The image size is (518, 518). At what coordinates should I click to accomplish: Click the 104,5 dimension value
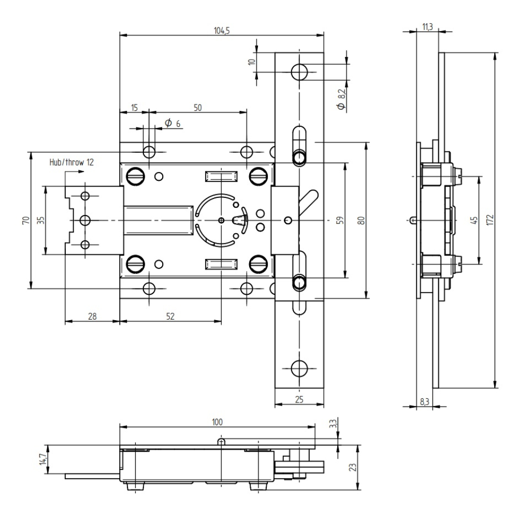tap(222, 31)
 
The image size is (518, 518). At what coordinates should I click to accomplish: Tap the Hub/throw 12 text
tap(71, 162)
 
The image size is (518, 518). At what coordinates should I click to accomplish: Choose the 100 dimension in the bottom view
tap(217, 422)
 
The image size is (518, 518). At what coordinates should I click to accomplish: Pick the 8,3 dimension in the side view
tap(424, 401)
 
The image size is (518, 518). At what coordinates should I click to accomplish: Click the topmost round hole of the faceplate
tap(299, 72)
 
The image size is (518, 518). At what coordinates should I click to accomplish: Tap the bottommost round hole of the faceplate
tap(299, 368)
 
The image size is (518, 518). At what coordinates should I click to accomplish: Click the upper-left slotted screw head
tap(136, 176)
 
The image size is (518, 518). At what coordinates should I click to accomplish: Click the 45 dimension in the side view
tap(473, 220)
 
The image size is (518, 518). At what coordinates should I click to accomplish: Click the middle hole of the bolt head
tap(85, 220)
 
